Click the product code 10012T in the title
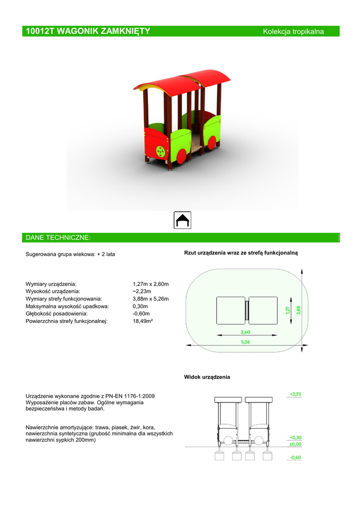pyautogui.click(x=40, y=31)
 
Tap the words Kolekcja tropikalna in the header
pyautogui.click(x=293, y=32)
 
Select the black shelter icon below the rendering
pyautogui.click(x=183, y=220)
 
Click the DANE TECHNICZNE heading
pyautogui.click(x=58, y=238)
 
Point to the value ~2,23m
pyautogui.click(x=142, y=291)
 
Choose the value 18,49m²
pyautogui.click(x=143, y=321)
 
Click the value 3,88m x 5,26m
pyautogui.click(x=151, y=299)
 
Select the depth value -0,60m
pyautogui.click(x=142, y=314)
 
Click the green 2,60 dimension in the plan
pyautogui.click(x=246, y=332)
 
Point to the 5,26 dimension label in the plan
pyautogui.click(x=245, y=342)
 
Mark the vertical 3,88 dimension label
pyautogui.click(x=298, y=309)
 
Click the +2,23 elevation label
pyautogui.click(x=295, y=394)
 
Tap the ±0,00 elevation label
pyautogui.click(x=295, y=444)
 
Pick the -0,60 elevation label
pyautogui.click(x=295, y=457)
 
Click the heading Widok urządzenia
pyautogui.click(x=207, y=377)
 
